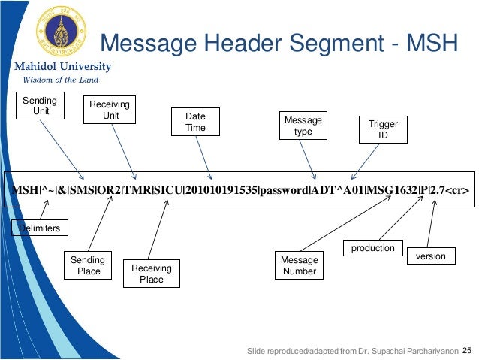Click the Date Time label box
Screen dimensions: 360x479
[190, 123]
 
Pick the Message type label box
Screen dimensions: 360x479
[303, 126]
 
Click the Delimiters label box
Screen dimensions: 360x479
[40, 227]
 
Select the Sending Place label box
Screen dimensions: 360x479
[89, 265]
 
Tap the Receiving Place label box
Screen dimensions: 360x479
[151, 274]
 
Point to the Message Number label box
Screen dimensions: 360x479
[300, 265]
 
